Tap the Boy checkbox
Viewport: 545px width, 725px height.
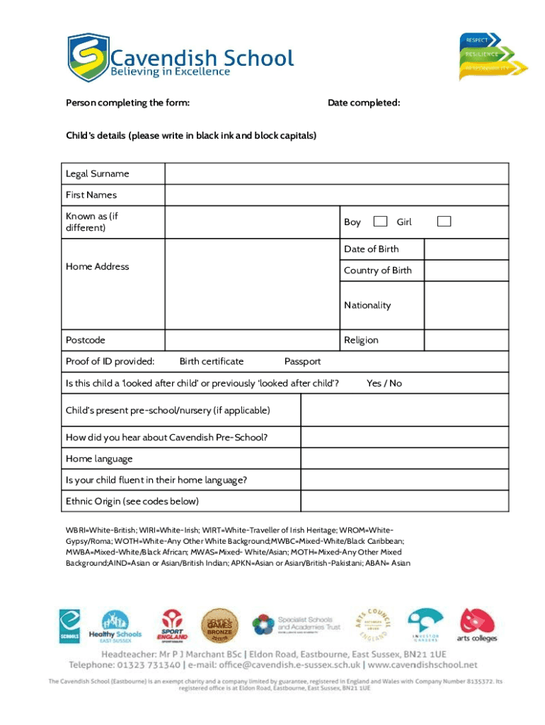pos(380,222)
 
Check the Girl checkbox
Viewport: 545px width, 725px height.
pos(444,222)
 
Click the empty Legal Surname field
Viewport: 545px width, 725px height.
pos(336,173)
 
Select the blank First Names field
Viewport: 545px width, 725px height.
pos(336,195)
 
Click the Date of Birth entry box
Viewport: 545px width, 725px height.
pos(466,249)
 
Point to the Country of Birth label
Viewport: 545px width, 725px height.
pos(377,270)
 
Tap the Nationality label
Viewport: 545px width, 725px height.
pos(367,305)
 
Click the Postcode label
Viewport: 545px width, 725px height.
pos(86,340)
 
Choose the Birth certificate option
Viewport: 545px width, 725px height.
pos(211,361)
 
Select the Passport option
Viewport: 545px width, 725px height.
pos(302,361)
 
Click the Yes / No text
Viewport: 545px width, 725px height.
pos(384,383)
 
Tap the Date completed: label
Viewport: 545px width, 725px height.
pos(364,103)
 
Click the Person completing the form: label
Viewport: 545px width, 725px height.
pos(127,103)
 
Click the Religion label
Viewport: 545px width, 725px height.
pos(361,340)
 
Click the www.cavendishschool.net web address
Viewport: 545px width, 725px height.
pos(423,665)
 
